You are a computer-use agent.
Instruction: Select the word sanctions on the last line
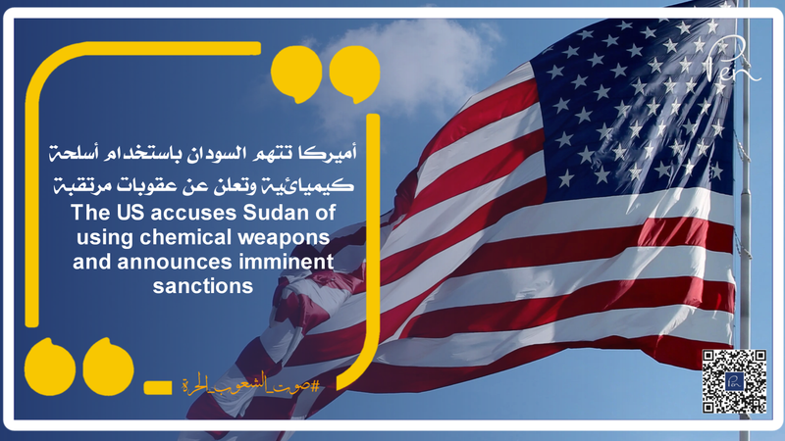pyautogui.click(x=204, y=286)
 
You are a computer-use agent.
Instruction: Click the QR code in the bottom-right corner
pyautogui.click(x=734, y=380)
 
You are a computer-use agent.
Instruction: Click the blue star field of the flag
pyautogui.click(x=628, y=98)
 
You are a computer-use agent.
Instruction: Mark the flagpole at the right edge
pyautogui.click(x=745, y=196)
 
